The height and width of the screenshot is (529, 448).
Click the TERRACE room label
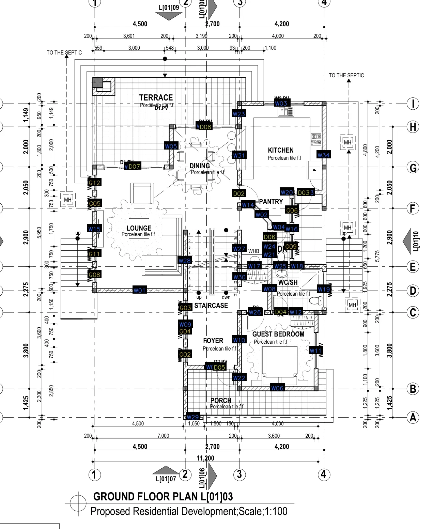pos(156,98)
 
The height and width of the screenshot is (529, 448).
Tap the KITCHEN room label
pos(281,150)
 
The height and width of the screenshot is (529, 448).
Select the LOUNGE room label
pos(139,228)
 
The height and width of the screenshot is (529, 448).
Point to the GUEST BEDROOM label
pos(278,334)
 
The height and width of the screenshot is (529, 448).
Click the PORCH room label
pos(221,401)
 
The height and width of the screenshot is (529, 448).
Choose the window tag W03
pos(281,103)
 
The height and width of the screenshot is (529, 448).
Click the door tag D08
pos(205,127)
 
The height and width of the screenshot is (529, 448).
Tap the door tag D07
pos(134,167)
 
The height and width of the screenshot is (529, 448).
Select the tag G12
pos(94,183)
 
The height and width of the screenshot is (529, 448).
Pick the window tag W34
pos(323,155)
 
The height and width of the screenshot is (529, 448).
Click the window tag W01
pos(139,291)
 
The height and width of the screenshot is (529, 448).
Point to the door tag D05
pos(219,367)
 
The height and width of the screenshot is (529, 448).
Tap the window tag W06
pos(277,388)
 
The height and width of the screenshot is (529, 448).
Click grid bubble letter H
pos(413,127)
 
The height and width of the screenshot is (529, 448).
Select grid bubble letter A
pos(413,417)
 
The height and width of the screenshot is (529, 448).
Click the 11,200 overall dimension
pos(205,458)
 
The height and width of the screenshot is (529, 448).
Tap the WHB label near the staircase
pos(253,251)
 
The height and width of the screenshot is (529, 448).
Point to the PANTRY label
pos(271,202)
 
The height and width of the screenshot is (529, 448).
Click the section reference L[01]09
pos(169,7)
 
